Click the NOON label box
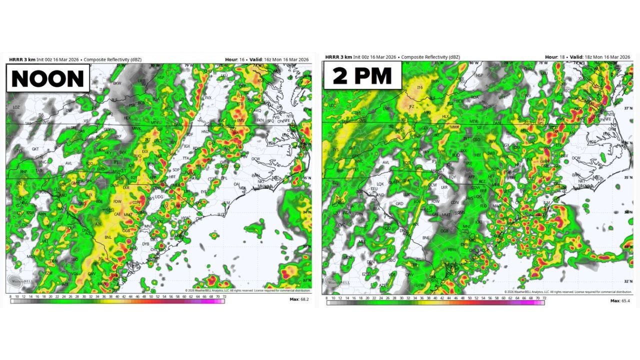coord(48,79)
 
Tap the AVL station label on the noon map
coord(68,163)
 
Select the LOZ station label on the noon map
coord(16,107)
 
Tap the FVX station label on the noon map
coord(208,97)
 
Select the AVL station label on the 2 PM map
coord(385,162)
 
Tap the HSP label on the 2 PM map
coord(480,75)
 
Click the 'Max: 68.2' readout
coord(299,299)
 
